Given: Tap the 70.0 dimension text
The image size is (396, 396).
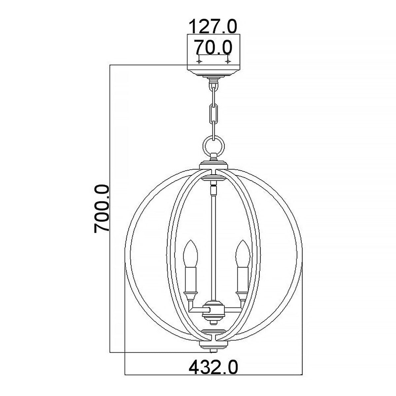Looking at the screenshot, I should coord(213,47).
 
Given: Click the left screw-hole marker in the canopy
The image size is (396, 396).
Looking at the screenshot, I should coord(199,62).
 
